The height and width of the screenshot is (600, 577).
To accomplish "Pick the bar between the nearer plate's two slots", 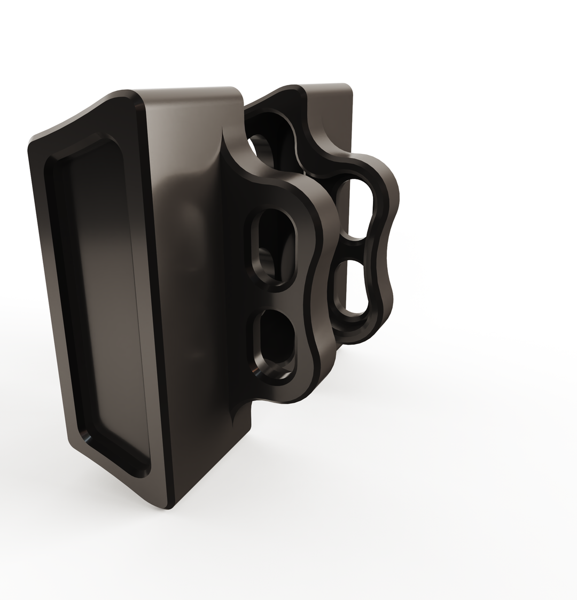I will pyautogui.click(x=278, y=294).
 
